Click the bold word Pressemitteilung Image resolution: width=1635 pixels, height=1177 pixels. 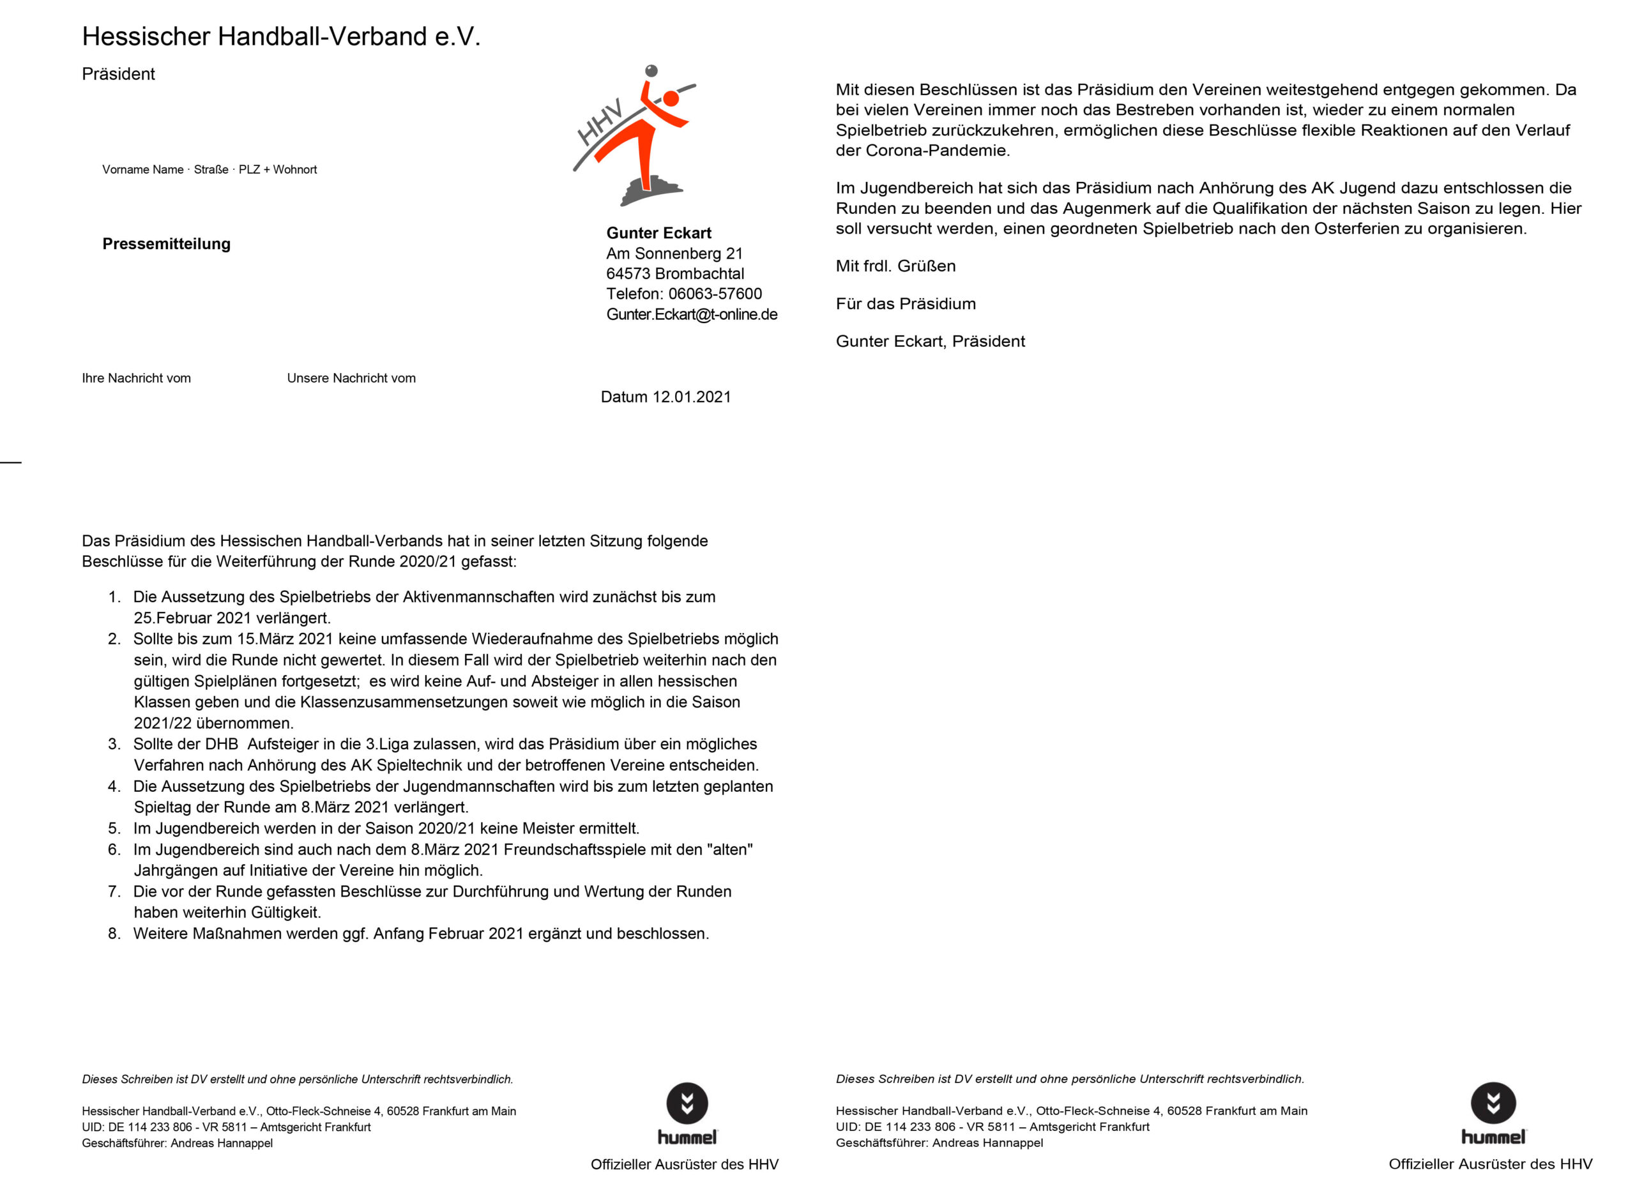point(167,243)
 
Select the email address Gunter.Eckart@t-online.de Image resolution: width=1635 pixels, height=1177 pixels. point(691,314)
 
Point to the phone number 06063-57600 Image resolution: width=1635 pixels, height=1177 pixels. point(715,294)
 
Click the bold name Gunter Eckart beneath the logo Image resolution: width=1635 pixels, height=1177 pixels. point(658,233)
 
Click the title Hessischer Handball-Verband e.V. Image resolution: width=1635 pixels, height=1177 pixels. point(281,36)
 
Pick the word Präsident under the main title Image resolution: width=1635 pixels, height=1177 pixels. point(118,74)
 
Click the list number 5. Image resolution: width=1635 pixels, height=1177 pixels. point(113,828)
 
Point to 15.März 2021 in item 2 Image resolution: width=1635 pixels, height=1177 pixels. point(285,639)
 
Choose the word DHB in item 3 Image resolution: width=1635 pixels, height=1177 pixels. point(222,744)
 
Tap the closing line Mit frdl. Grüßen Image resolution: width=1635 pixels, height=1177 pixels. point(895,266)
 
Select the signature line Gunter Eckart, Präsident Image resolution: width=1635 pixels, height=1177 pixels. point(930,342)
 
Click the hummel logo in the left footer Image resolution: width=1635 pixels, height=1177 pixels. point(687,1113)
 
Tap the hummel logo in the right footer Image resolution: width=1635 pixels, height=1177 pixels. point(1493,1113)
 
